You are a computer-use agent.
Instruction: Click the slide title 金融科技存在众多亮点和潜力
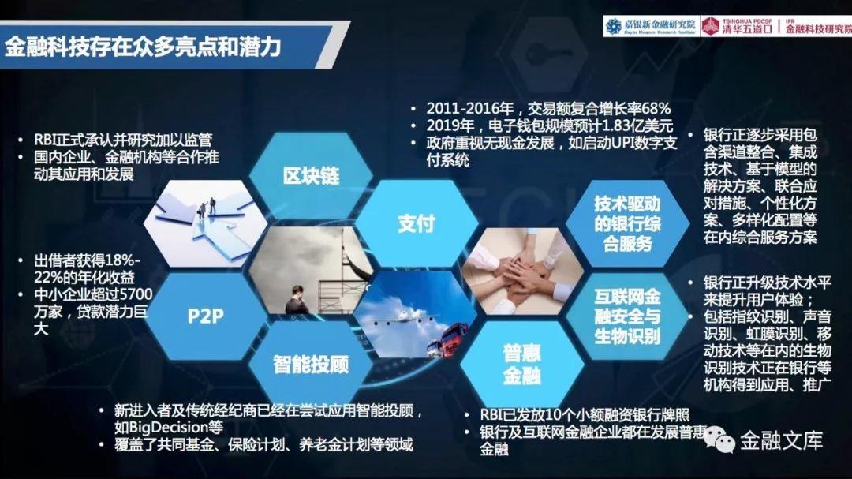(x=142, y=47)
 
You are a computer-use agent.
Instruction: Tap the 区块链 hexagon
(x=311, y=175)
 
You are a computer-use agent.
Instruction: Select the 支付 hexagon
(x=417, y=223)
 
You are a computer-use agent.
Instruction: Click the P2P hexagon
(x=205, y=316)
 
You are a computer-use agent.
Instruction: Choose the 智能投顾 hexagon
(x=311, y=364)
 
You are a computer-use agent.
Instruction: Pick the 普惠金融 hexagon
(x=521, y=364)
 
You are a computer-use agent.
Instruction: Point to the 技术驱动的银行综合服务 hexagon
(x=628, y=223)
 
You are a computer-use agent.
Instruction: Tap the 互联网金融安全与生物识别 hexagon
(x=628, y=316)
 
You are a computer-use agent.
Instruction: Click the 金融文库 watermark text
(x=781, y=440)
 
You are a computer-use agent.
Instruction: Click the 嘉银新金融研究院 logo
(x=650, y=26)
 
